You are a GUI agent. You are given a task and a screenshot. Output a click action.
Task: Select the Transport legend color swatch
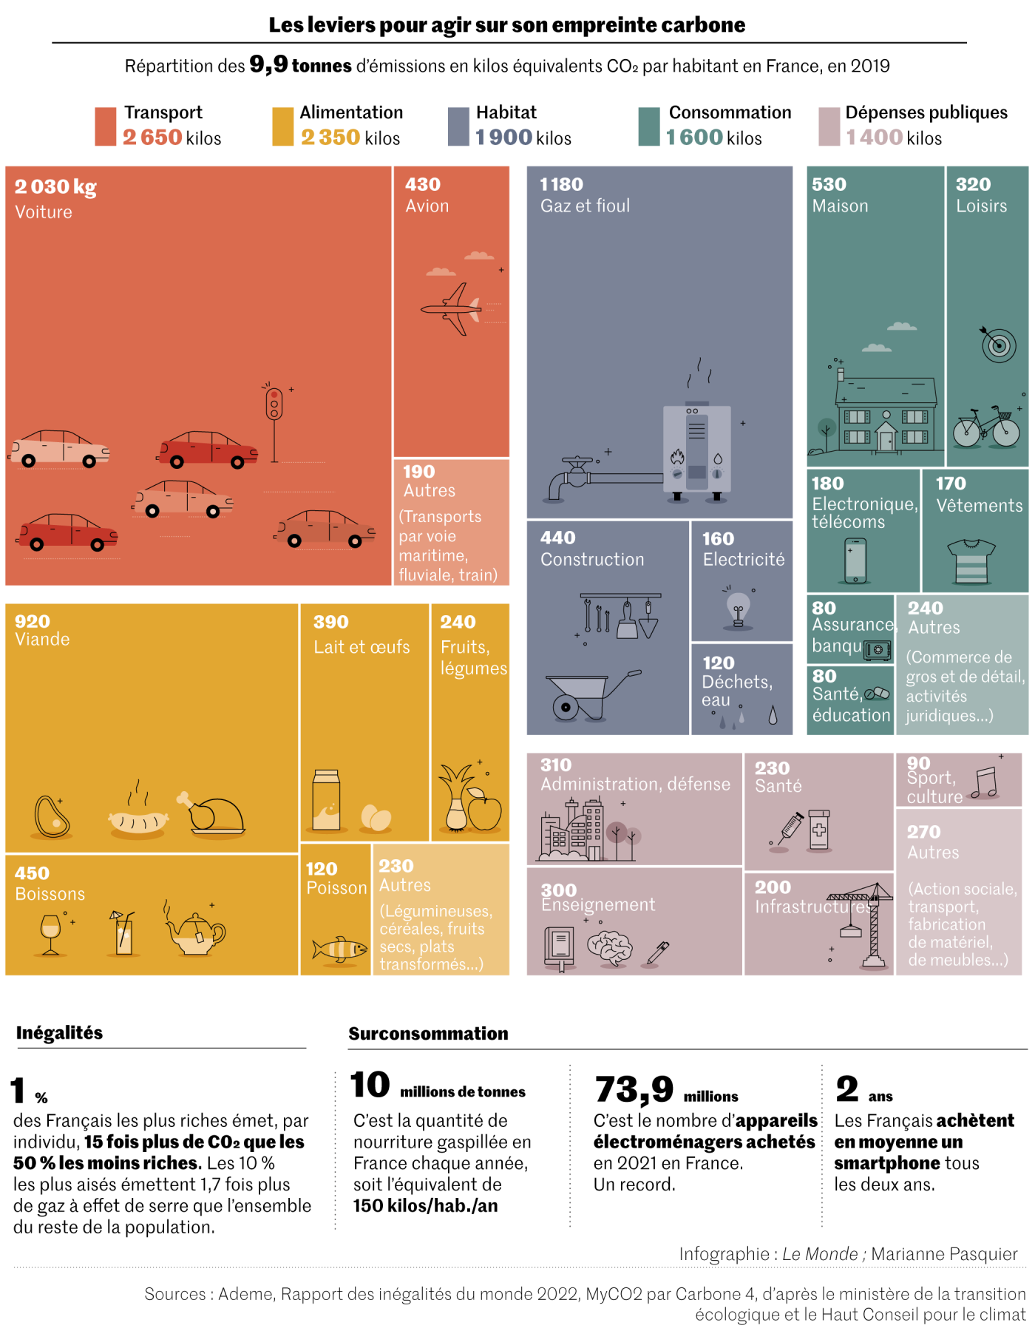105,126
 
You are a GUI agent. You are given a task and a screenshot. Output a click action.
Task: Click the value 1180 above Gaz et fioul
561,184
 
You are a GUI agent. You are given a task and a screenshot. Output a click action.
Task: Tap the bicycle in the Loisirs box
985,427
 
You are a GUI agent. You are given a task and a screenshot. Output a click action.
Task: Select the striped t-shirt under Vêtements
971,561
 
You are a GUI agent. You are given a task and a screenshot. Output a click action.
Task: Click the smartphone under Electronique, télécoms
855,560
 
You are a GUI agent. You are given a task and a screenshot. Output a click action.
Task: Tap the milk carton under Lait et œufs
326,800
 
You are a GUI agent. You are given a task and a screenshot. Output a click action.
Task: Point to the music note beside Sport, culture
985,782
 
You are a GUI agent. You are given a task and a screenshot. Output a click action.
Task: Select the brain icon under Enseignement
609,947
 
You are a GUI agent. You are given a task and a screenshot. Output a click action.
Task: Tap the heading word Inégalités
59,1032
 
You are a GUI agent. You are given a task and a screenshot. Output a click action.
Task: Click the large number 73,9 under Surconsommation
634,1088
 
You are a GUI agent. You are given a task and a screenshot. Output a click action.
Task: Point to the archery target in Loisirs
998,345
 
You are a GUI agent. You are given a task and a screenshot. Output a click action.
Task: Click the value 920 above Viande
33,621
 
